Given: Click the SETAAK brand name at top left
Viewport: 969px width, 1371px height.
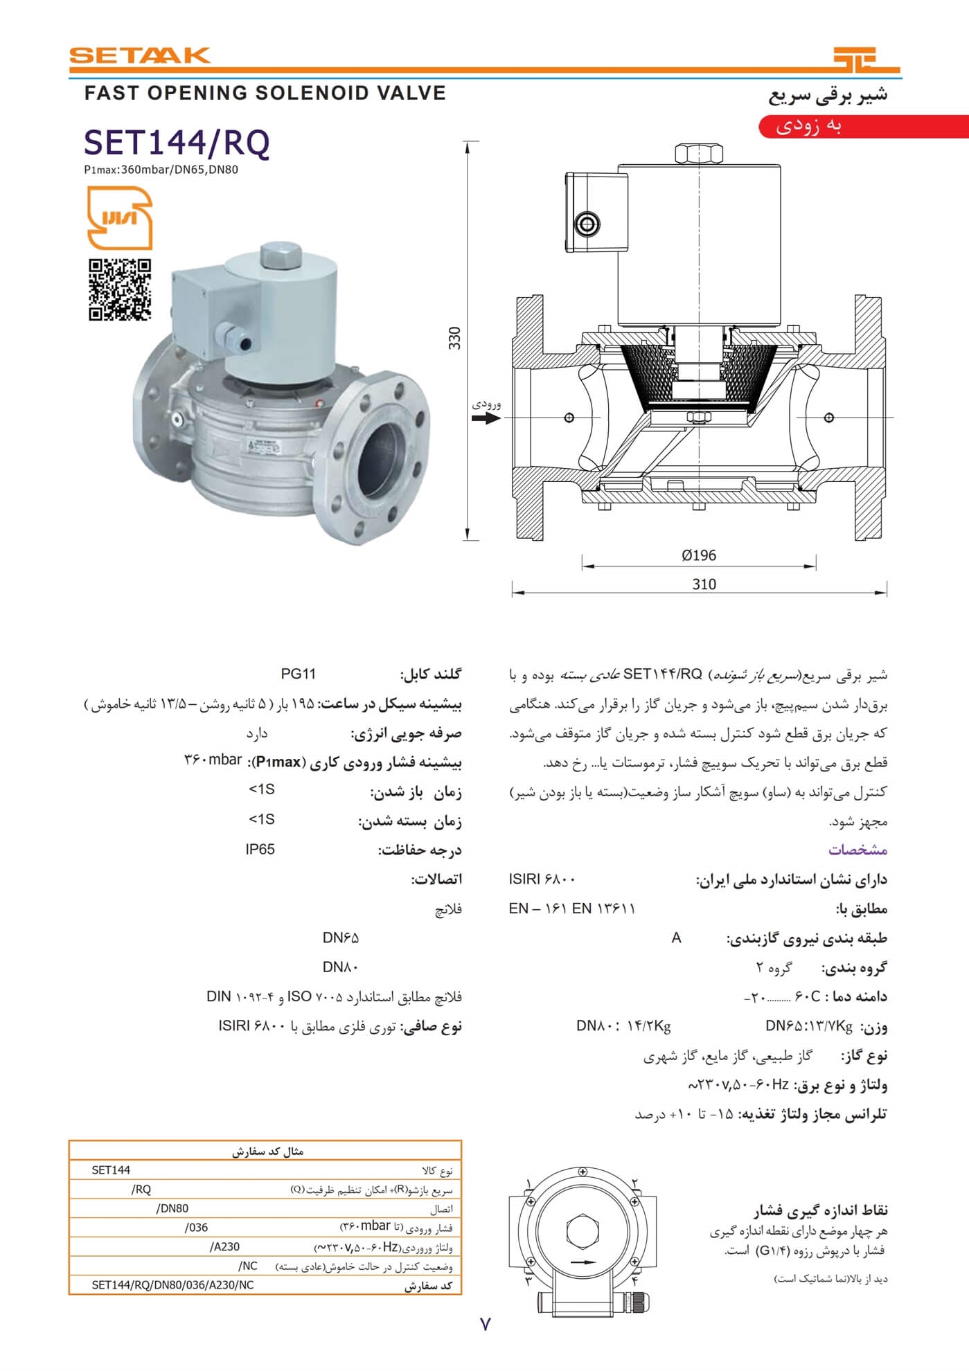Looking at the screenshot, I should click(139, 55).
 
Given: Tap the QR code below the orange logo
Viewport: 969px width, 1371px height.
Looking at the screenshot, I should click(120, 289).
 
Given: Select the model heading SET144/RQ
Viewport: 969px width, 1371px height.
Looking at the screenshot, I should click(177, 143).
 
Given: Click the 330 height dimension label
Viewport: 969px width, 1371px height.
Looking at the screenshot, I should click(454, 338).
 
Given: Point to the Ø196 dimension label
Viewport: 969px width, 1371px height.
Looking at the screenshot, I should click(698, 555).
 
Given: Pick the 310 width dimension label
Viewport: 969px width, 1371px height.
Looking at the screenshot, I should click(704, 584).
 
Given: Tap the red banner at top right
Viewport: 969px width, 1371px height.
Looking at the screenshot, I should click(863, 127).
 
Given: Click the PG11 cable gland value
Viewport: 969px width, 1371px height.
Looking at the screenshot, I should click(298, 674).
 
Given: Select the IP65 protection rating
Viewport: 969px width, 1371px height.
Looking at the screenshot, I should click(260, 849).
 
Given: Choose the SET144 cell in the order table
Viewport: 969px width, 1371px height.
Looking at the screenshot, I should click(111, 1170).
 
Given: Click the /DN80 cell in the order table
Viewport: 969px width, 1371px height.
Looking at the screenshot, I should click(172, 1208).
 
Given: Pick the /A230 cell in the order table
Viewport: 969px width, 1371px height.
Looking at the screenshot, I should click(224, 1246).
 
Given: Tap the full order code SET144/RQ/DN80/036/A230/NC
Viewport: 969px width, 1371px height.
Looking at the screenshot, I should click(172, 1285).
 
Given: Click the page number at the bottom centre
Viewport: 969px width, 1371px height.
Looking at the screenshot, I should click(485, 1324).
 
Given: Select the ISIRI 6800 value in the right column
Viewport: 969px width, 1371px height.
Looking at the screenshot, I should click(542, 879).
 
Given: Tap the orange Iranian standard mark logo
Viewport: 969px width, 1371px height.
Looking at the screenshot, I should click(119, 218).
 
